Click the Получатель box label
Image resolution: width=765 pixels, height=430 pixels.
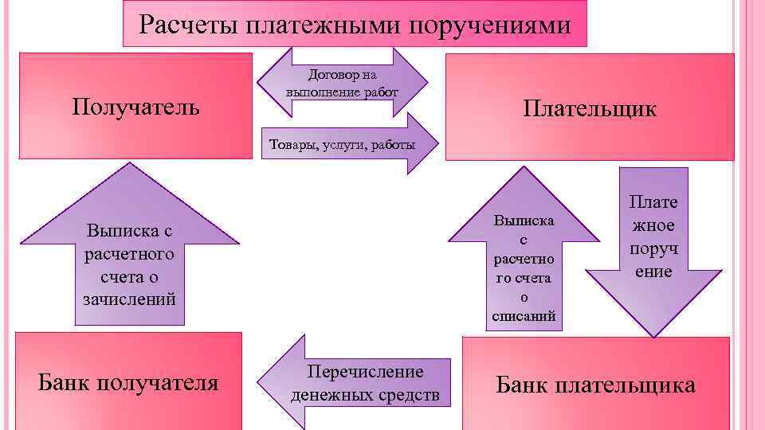(135, 106)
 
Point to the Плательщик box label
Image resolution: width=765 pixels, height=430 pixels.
(590, 108)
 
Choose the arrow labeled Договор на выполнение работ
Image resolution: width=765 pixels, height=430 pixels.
(342, 83)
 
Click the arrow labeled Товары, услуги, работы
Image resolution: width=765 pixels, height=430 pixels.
(343, 144)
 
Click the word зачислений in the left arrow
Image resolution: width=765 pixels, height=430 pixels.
(129, 299)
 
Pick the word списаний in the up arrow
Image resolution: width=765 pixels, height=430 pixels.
(524, 316)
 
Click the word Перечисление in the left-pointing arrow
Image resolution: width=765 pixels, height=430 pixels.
(366, 372)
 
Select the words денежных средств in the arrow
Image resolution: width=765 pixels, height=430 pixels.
(366, 394)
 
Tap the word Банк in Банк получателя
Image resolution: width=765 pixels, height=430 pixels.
(65, 383)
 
